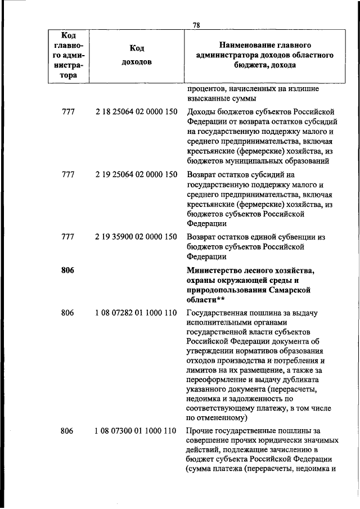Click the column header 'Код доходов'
pos(137,55)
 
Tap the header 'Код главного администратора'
pos(67,55)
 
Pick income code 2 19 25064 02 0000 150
pos(137,174)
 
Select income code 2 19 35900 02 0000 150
pos(137,237)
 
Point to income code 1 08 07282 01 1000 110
pos(137,313)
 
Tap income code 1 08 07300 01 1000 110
pos(137,431)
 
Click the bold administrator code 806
pos(67,271)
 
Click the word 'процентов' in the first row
pos(204,89)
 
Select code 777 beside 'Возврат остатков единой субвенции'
pos(67,237)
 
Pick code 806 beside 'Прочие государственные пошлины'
pos(67,431)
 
